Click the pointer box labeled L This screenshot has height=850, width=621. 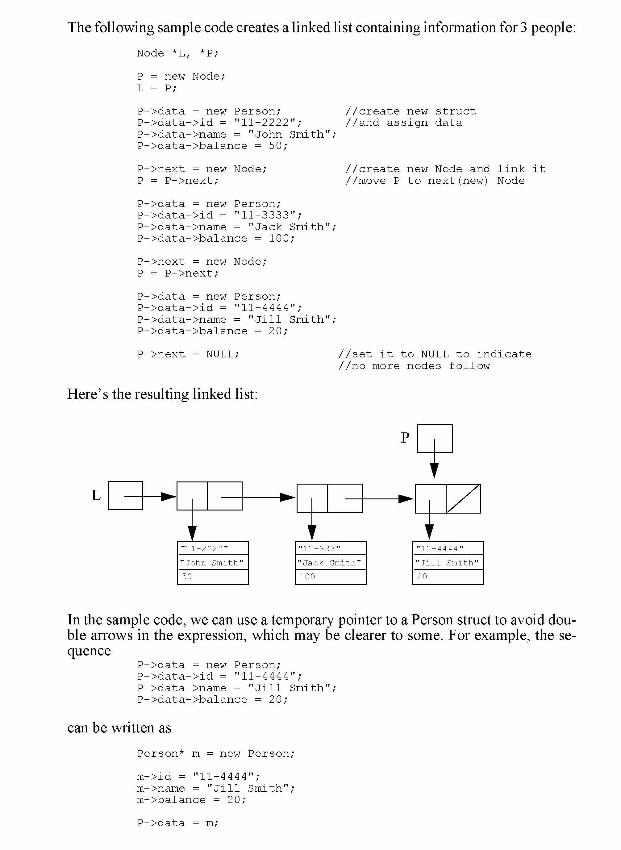tap(125, 495)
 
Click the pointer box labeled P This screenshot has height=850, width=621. tap(435, 438)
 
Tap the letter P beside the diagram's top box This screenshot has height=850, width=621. tap(405, 438)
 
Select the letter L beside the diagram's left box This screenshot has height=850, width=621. tap(96, 495)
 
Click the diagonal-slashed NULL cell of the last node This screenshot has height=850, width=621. tap(463, 499)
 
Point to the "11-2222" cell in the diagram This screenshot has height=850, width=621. tap(213, 548)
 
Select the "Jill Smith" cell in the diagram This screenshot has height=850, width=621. tap(448, 563)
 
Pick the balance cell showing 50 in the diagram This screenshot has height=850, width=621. tap(213, 577)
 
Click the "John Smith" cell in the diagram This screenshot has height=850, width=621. tap(213, 563)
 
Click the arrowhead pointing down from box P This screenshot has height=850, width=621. tap(434, 470)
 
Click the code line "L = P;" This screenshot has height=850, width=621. tap(156, 88)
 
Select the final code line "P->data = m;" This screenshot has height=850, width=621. tap(177, 823)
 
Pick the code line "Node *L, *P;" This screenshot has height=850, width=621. tap(177, 53)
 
